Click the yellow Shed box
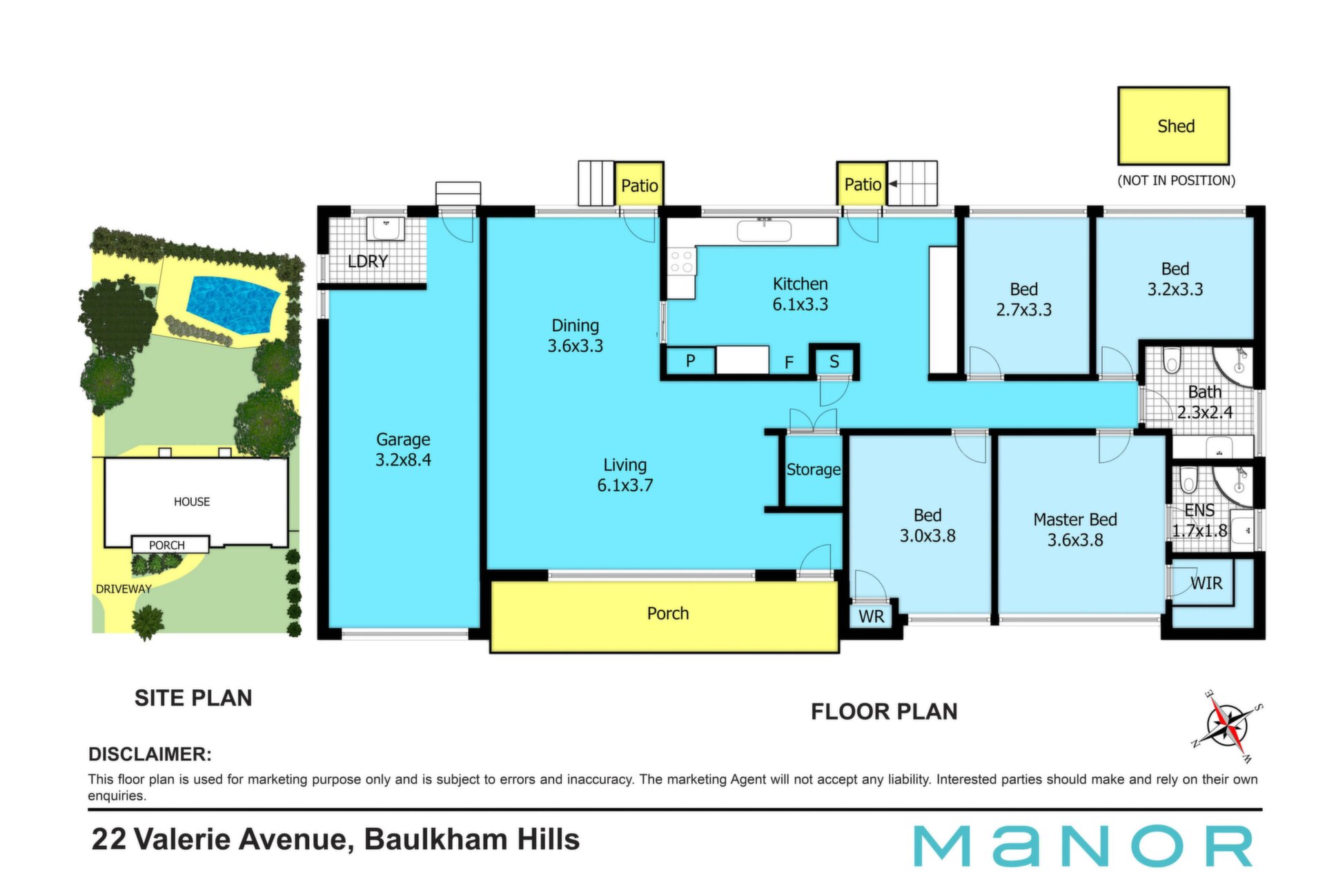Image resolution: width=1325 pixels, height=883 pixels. (x=1173, y=126)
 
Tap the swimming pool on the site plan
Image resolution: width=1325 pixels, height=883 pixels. (x=233, y=304)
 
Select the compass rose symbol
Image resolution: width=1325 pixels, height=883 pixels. (x=1228, y=726)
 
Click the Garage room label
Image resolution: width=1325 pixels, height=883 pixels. (x=403, y=449)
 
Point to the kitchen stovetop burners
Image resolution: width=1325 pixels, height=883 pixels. (x=681, y=262)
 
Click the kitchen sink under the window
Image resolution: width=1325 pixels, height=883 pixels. (x=764, y=230)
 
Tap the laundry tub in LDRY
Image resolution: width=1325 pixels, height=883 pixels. (x=385, y=229)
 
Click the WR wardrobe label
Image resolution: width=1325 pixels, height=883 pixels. (x=872, y=616)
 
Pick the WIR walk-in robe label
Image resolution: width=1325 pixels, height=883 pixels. (x=1206, y=583)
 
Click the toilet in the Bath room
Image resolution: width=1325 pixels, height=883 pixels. (x=1172, y=359)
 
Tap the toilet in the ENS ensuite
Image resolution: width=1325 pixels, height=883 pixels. (x=1188, y=479)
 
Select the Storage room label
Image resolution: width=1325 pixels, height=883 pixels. (x=814, y=469)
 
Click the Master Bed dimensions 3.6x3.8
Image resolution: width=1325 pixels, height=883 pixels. (x=1075, y=539)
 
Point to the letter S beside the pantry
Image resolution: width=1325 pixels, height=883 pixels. (x=834, y=361)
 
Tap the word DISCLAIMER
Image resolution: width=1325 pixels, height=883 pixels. (x=150, y=754)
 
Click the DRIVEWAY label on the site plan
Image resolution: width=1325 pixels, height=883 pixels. (x=124, y=588)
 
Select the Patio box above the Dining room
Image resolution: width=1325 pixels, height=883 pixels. (x=639, y=184)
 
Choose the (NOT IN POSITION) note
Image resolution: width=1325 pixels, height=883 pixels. (x=1176, y=181)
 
